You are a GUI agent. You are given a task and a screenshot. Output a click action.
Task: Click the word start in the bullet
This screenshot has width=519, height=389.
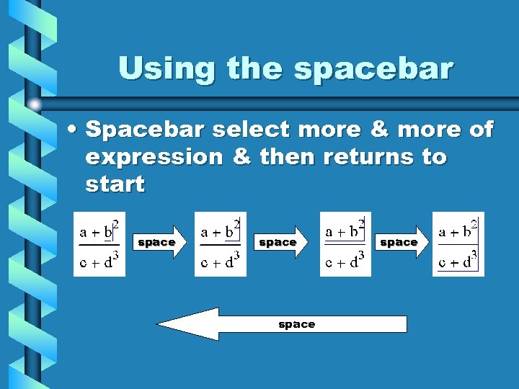(x=115, y=184)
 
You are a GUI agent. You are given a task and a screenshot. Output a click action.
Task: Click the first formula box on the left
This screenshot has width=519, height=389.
(x=99, y=244)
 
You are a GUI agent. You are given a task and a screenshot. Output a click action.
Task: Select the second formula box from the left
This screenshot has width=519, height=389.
(x=221, y=244)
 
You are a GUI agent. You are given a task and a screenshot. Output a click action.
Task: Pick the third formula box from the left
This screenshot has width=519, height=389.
(x=345, y=244)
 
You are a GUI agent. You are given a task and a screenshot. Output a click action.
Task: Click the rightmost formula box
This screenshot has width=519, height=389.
(x=458, y=244)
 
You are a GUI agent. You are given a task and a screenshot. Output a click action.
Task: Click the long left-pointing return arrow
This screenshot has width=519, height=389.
(x=281, y=324)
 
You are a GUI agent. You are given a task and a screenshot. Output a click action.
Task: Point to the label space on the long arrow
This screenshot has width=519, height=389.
(x=297, y=324)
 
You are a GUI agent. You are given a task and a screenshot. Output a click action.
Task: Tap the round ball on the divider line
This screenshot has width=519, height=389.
(x=34, y=104)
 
